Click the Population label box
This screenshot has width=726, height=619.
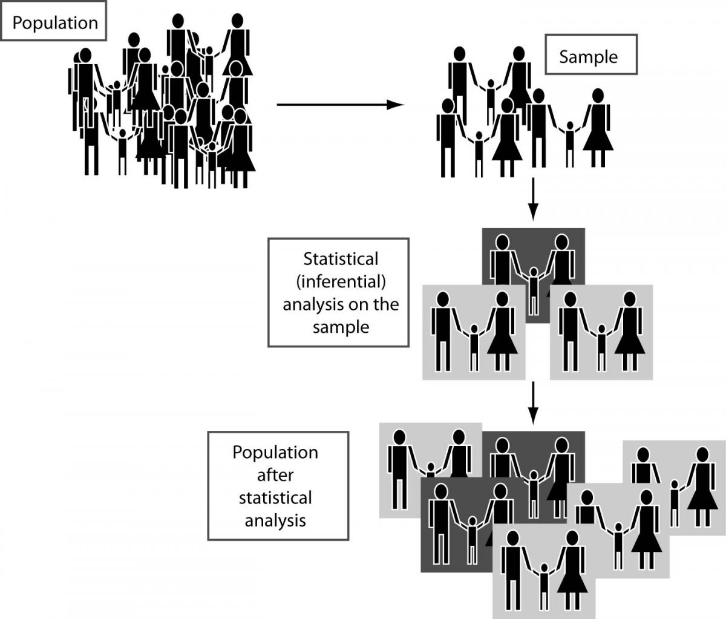[54, 24]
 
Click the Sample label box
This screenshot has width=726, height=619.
[588, 57]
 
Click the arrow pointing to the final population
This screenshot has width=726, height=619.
[532, 402]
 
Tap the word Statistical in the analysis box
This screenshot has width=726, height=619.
[340, 259]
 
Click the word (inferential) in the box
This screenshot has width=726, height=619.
[341, 281]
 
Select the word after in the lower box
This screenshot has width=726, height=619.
[275, 475]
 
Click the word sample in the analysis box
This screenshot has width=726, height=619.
[341, 327]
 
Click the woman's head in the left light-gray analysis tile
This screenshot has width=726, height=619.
[501, 299]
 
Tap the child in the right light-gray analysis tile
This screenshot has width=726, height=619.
[601, 348]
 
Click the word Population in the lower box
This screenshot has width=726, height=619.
[275, 453]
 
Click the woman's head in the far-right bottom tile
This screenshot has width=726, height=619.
[702, 454]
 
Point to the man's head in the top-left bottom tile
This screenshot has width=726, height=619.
[399, 437]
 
